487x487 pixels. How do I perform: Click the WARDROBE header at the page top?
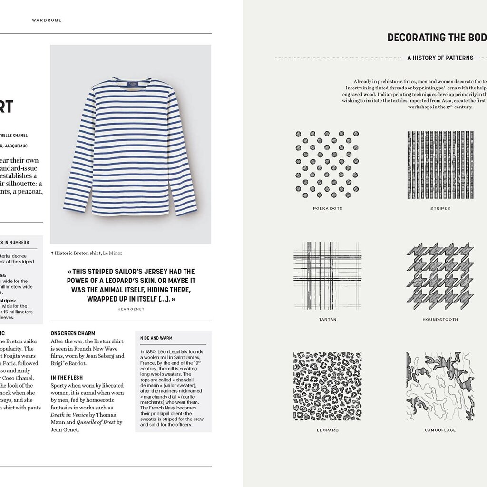coord(47,20)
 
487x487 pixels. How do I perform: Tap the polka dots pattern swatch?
coord(327,165)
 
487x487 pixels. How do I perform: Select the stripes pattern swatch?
coord(440,165)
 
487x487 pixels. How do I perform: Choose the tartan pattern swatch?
coord(327,276)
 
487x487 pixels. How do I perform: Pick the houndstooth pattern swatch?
coord(440,276)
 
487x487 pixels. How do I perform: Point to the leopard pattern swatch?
coord(327,386)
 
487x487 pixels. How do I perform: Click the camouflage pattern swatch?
coord(440,386)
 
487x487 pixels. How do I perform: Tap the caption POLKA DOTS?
coord(328,208)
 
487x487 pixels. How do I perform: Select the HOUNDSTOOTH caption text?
coord(440,320)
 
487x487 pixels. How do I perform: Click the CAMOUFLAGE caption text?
coord(440,430)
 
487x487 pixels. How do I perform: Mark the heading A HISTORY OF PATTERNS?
coord(440,58)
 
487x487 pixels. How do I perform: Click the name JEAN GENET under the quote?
coord(131,309)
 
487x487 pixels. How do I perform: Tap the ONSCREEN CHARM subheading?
coord(73,333)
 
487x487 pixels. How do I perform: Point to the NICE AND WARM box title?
coord(156,338)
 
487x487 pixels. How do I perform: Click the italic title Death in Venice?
coord(69,415)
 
